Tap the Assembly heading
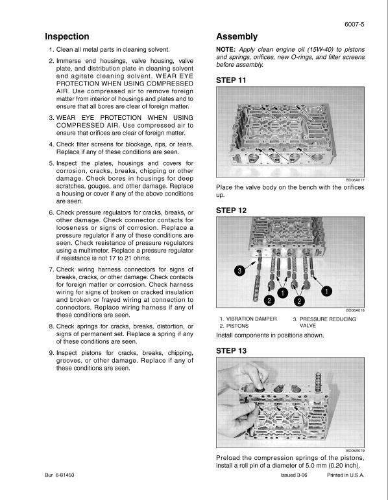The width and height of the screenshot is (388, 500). click(x=236, y=36)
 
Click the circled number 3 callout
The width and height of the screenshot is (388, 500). click(x=239, y=271)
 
